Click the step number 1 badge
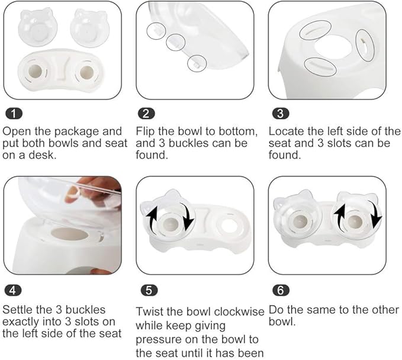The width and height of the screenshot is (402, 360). pyautogui.click(x=12, y=113)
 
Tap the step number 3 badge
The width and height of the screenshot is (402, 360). pyautogui.click(x=279, y=113)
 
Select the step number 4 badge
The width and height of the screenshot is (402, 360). pyautogui.click(x=12, y=290)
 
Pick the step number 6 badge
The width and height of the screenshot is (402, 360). pyautogui.click(x=279, y=290)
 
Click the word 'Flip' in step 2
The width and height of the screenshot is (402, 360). pyautogui.click(x=145, y=130)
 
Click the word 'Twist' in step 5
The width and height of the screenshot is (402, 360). pyautogui.click(x=150, y=311)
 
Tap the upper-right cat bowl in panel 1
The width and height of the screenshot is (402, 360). pyautogui.click(x=89, y=26)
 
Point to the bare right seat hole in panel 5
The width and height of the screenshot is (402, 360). pyautogui.click(x=227, y=224)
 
